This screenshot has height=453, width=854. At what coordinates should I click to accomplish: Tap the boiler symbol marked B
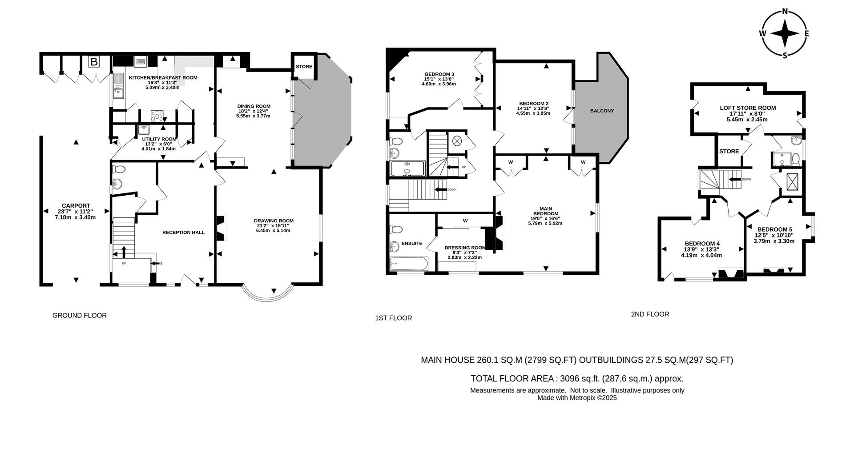[x=94, y=62]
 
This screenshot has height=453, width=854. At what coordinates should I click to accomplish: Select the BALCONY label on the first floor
[x=602, y=111]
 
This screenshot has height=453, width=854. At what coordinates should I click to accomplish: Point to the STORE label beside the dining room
[x=304, y=67]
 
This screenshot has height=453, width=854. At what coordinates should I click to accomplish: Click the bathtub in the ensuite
[x=408, y=264]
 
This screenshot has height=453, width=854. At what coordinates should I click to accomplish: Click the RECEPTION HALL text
[x=183, y=233]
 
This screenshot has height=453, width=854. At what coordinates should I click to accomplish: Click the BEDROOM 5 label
[x=774, y=229]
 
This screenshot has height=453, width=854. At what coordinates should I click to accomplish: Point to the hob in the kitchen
[x=157, y=116]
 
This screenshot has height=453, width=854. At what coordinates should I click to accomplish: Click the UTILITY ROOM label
[x=159, y=139]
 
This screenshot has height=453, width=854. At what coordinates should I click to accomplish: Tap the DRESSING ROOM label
[x=465, y=248]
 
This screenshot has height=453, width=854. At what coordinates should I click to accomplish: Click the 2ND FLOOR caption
[x=649, y=314]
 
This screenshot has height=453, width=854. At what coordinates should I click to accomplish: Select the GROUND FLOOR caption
[x=80, y=315]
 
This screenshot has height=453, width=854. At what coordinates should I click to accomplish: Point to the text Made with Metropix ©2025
[x=577, y=398]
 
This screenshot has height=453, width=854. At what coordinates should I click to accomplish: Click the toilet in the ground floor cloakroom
[x=118, y=169]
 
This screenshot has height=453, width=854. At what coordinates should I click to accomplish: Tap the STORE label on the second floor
[x=729, y=151]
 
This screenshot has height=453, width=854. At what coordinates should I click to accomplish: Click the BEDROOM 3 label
[x=439, y=74]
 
